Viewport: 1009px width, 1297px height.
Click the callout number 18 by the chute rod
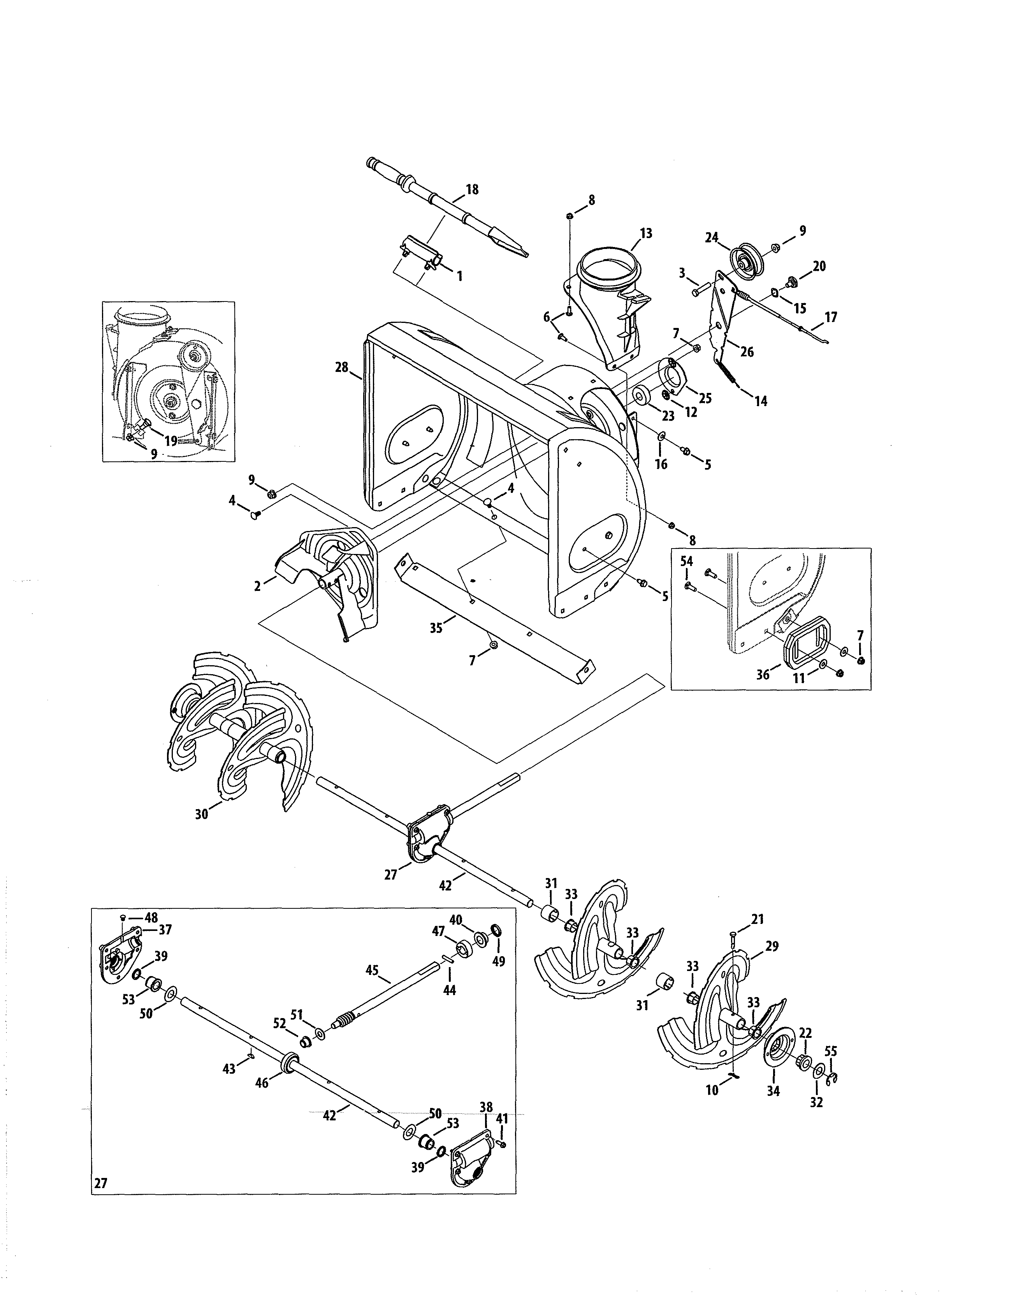point(472,189)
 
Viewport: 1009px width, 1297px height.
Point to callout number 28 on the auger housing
point(342,368)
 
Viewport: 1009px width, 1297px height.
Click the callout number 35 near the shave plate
point(436,628)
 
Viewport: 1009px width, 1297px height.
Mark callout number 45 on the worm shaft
point(372,970)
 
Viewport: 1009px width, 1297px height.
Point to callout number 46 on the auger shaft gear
point(262,1083)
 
